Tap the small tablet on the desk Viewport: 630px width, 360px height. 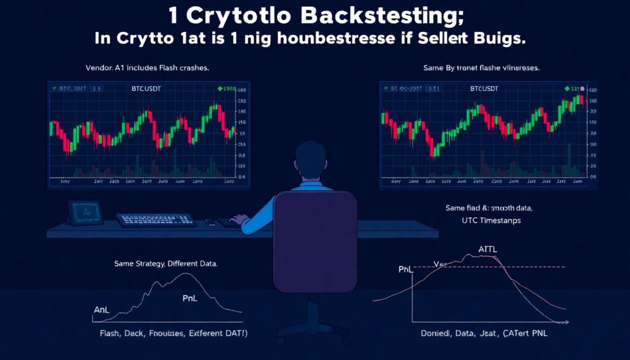86,212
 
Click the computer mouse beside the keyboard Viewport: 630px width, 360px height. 210,222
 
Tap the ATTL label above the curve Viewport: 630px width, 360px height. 488,249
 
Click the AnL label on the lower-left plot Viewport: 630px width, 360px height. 101,310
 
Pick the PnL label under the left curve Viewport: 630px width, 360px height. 190,298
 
